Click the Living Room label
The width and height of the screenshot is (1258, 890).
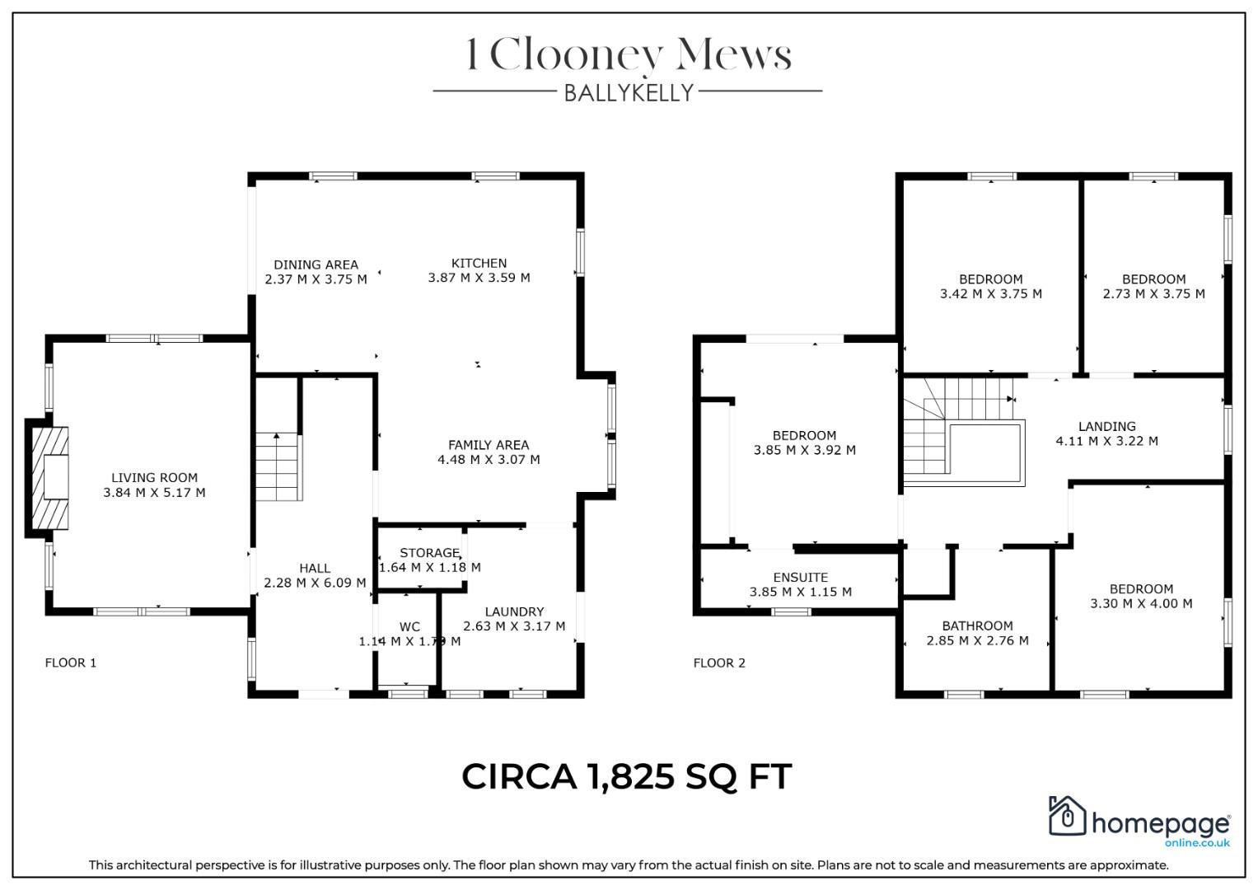click(154, 478)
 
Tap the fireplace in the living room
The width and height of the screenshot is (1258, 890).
click(50, 478)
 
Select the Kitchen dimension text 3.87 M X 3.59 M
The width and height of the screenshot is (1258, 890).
click(479, 278)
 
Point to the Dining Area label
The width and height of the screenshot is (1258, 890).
click(316, 265)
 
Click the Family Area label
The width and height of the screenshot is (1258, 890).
click(489, 445)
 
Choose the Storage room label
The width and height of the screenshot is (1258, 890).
click(430, 553)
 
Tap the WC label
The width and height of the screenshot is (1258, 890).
click(410, 627)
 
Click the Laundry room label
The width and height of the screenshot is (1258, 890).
click(514, 611)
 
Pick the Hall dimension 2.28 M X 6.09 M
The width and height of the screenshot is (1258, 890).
click(315, 583)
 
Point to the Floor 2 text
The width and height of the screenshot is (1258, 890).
click(719, 663)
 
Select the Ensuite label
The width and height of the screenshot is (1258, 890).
click(801, 578)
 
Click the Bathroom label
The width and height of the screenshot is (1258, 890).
click(978, 626)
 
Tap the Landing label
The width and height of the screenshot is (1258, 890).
click(1107, 427)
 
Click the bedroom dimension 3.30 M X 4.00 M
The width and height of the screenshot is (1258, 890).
click(1141, 603)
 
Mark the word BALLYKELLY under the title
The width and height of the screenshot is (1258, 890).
click(629, 93)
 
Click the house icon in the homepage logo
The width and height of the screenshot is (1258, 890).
click(1067, 816)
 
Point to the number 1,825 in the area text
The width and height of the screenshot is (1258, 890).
click(630, 776)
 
